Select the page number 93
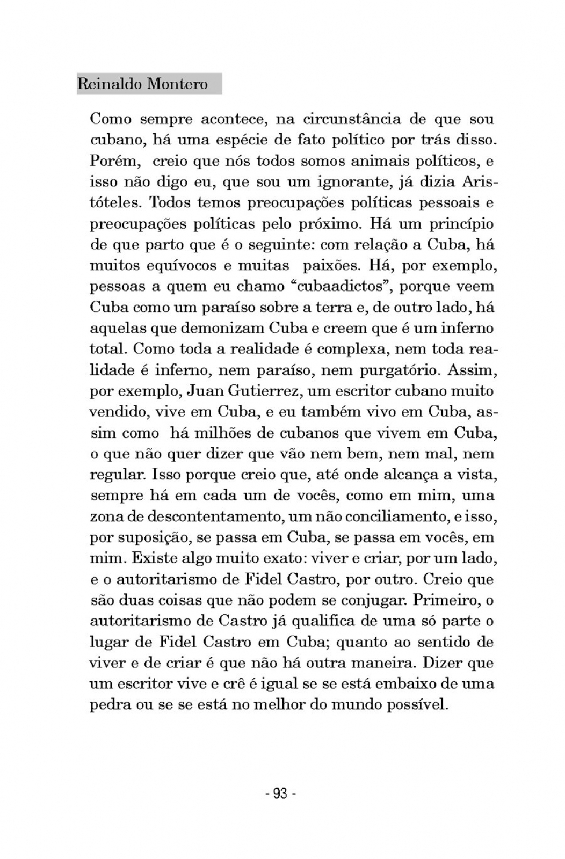(281, 794)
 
